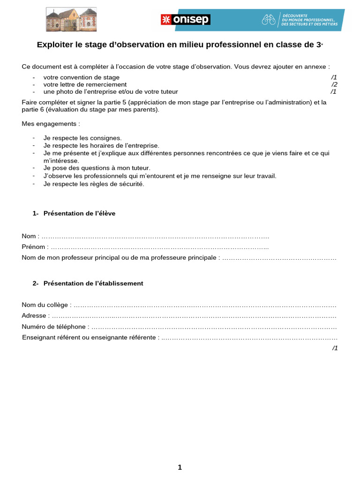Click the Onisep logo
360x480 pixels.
(186, 19)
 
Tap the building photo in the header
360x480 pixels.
(71, 19)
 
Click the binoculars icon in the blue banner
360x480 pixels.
(269, 19)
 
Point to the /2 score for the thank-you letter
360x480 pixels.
(334, 84)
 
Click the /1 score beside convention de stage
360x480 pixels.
(334, 77)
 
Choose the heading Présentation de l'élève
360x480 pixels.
(79, 213)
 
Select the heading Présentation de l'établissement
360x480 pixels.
(93, 284)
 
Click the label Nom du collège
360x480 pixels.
(45, 305)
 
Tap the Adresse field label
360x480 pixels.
(34, 316)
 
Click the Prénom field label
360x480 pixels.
(34, 247)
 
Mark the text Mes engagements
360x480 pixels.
(51, 124)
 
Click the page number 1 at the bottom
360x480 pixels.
(180, 467)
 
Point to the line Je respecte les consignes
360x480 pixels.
(82, 138)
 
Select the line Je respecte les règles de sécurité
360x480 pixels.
(94, 184)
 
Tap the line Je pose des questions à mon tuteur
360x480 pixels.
(97, 168)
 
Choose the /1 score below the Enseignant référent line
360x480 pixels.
(335, 348)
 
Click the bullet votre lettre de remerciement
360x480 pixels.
(85, 84)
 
